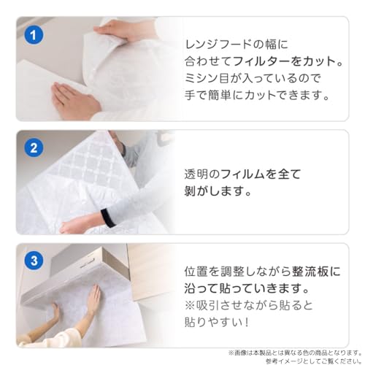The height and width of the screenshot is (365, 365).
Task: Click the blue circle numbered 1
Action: [x=34, y=34]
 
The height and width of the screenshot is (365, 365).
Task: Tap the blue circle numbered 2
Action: [x=34, y=147]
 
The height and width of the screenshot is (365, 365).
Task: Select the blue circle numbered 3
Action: [x=34, y=261]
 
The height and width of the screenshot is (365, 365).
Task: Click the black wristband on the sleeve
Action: [x=107, y=218]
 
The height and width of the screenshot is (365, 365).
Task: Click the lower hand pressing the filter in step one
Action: [x=75, y=100]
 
